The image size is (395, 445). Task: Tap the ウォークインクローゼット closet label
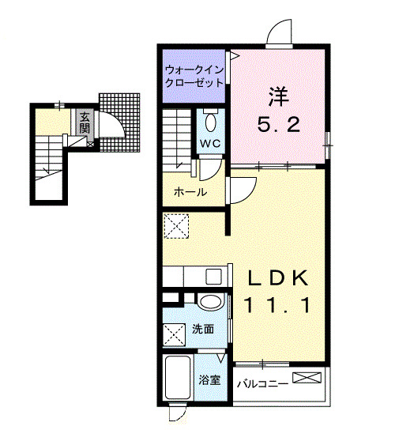(x=194, y=75)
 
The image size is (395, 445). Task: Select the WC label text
(x=209, y=143)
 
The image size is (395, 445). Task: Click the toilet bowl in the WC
(x=211, y=122)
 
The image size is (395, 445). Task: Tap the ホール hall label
(x=190, y=192)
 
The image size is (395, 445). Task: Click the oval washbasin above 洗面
(x=209, y=303)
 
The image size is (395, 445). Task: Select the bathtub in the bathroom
(x=178, y=380)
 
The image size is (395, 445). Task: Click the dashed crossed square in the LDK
(x=175, y=226)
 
